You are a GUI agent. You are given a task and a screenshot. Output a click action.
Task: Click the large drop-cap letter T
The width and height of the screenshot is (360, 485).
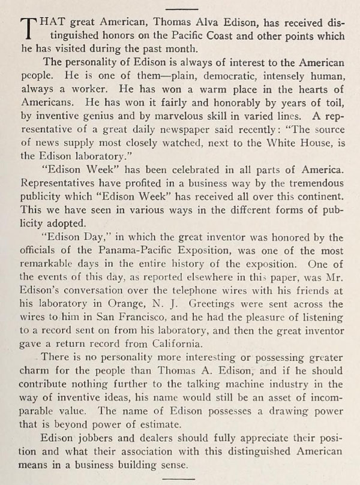25,27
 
